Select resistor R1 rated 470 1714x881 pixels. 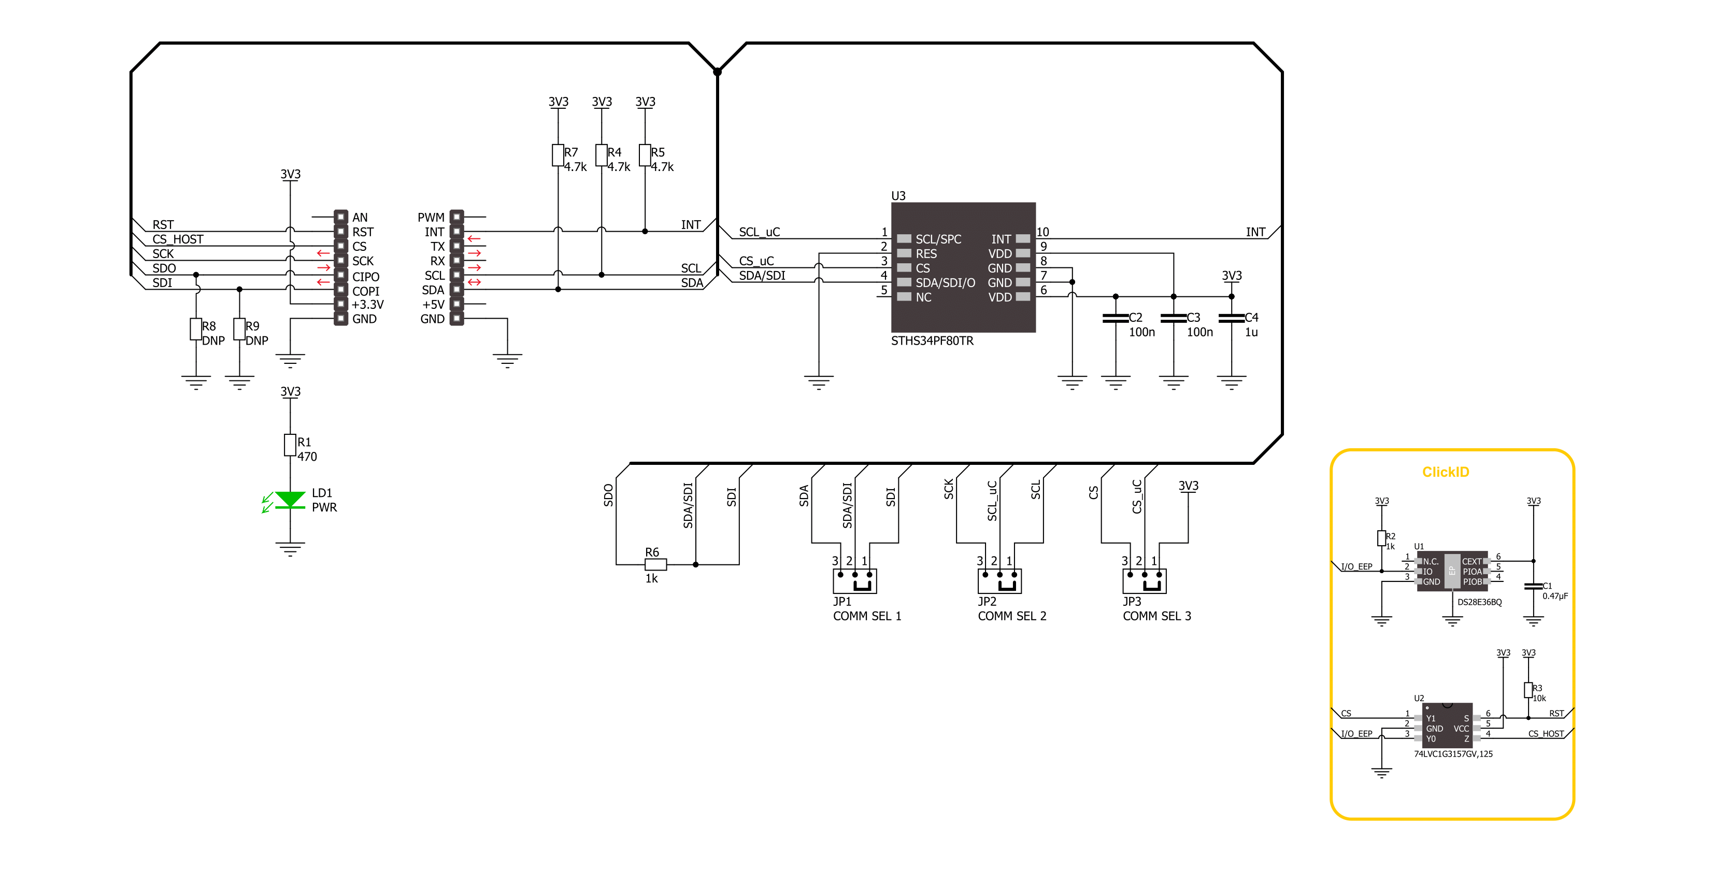click(290, 445)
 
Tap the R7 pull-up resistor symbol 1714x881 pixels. click(558, 155)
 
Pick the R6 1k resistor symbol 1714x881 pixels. click(655, 564)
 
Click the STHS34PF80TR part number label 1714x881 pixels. click(932, 340)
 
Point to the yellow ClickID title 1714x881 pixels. click(1445, 472)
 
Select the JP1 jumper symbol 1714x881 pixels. click(854, 581)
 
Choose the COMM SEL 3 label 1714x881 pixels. click(1156, 616)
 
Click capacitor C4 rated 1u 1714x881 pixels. click(1231, 318)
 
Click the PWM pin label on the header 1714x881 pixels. click(431, 218)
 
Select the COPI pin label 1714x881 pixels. click(365, 291)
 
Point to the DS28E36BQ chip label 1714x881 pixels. click(1479, 602)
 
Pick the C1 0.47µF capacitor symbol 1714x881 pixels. click(1533, 586)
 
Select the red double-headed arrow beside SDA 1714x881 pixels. click(474, 282)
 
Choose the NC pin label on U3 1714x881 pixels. click(923, 297)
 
